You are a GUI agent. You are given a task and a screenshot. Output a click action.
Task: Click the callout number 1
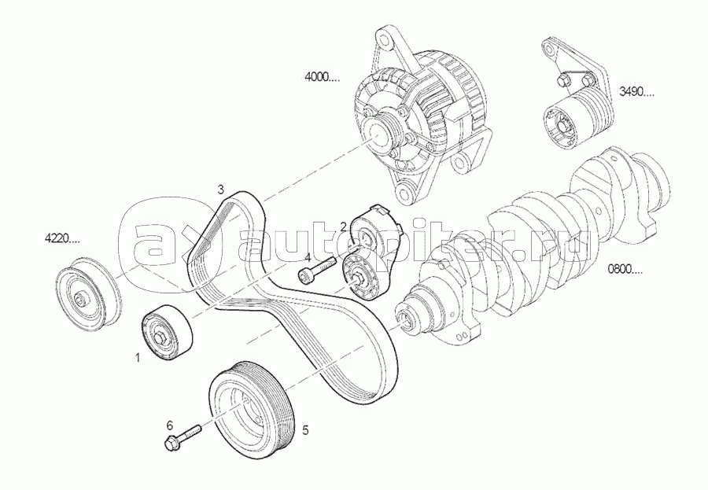(x=138, y=358)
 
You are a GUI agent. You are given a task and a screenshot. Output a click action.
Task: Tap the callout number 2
(x=343, y=227)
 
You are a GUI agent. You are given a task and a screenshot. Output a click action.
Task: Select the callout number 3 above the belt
(x=220, y=190)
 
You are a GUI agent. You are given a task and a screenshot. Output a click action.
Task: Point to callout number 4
(x=308, y=258)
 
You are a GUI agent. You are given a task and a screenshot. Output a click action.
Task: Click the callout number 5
(x=305, y=430)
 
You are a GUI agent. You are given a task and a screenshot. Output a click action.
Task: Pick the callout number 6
(x=170, y=425)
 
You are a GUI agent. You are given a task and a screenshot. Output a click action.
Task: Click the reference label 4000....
(x=323, y=78)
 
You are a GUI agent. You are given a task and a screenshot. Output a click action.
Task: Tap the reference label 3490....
(x=636, y=94)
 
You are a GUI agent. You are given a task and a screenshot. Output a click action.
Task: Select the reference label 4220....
(x=62, y=238)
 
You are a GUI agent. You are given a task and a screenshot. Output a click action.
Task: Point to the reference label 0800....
(x=625, y=271)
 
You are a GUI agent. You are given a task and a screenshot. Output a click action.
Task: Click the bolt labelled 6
(x=183, y=437)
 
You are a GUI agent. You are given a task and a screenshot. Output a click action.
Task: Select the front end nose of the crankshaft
(x=404, y=319)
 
